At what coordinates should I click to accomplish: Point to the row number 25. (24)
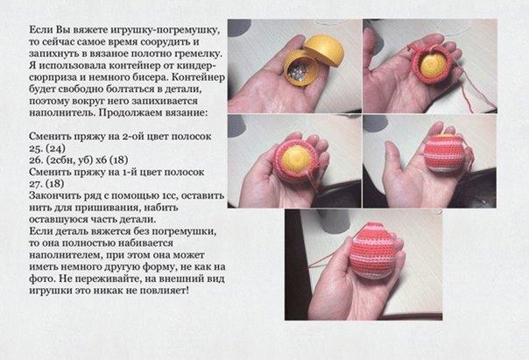(x=47, y=148)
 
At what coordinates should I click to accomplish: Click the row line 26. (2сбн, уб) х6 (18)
(x=78, y=160)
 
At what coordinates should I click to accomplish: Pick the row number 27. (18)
(x=46, y=184)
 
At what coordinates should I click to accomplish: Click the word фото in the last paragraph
(x=39, y=279)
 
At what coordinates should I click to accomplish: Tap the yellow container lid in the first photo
(x=324, y=50)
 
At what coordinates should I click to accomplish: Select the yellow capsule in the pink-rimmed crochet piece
(x=295, y=161)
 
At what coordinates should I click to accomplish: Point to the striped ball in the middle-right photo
(x=444, y=152)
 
